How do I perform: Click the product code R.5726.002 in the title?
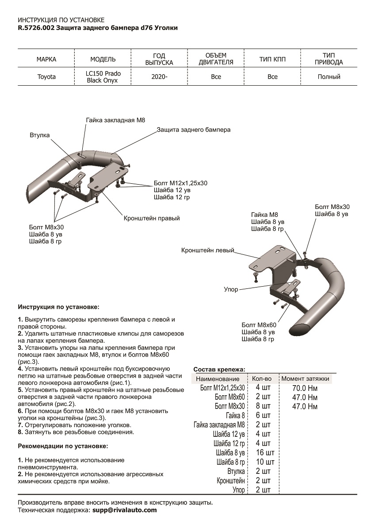point(37,28)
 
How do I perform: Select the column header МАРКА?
point(46,59)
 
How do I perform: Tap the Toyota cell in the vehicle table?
point(46,77)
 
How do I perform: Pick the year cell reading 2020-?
point(159,77)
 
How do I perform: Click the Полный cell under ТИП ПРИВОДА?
point(329,77)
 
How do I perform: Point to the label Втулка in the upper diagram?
point(40,135)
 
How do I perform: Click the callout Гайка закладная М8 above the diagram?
point(115,120)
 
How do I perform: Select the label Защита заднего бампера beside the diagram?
point(193,130)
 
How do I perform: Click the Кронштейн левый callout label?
point(207,250)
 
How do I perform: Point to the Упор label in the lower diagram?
point(231,289)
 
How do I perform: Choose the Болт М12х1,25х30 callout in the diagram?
point(180,182)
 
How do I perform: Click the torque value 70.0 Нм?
point(305,388)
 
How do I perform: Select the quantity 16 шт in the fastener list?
point(265,453)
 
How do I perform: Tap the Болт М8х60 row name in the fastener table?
point(230,397)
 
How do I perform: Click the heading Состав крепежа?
point(219,369)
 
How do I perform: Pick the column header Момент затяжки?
point(305,379)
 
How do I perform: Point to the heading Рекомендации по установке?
point(62,446)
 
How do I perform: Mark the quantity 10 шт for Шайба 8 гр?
point(265,462)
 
